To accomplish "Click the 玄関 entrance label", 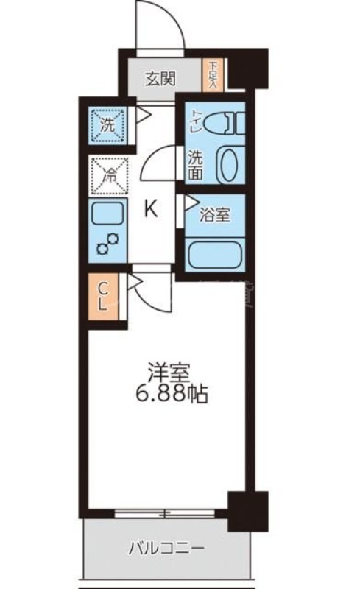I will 159,78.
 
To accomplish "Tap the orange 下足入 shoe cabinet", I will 213,75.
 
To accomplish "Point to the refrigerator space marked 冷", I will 108,175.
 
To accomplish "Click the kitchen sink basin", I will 107,215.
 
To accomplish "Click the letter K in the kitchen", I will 149,210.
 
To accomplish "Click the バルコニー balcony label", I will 166,549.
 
